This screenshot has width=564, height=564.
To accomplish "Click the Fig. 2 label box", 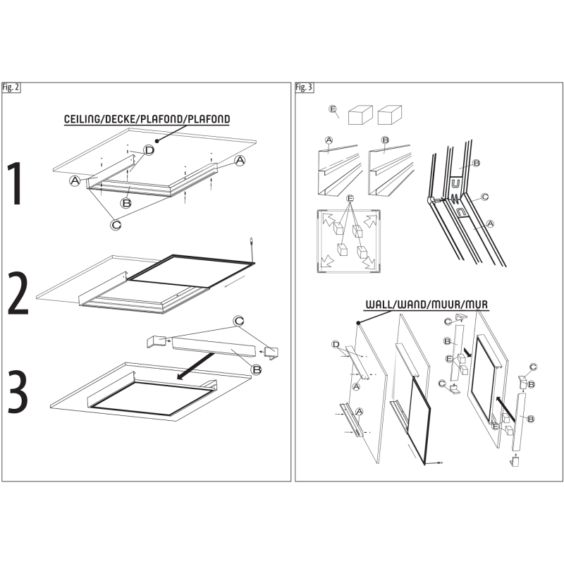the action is pos(11,87).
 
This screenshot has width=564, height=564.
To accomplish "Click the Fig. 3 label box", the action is pos(305,87).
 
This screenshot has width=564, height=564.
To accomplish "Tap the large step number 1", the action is pos(16,183).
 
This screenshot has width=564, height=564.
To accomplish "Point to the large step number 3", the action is pos(18,391).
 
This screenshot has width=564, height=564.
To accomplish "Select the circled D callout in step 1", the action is pos(149,150).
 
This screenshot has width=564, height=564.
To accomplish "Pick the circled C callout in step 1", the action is pos(116,225).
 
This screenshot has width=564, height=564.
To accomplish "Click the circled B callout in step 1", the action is pos(126,203).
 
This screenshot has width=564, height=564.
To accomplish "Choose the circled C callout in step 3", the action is pos(238,321).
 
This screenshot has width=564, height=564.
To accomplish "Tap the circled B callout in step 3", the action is pos(257,369).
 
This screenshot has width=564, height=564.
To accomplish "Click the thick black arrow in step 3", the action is pos(195,366).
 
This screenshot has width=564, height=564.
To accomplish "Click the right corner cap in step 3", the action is pos(271,352).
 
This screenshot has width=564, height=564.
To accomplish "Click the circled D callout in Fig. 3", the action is pos(336,345).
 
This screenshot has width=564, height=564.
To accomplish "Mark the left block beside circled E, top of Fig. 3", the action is pos(360,115).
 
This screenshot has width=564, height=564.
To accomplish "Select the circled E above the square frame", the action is pos(350,199).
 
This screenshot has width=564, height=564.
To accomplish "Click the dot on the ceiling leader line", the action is pos(157,141).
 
